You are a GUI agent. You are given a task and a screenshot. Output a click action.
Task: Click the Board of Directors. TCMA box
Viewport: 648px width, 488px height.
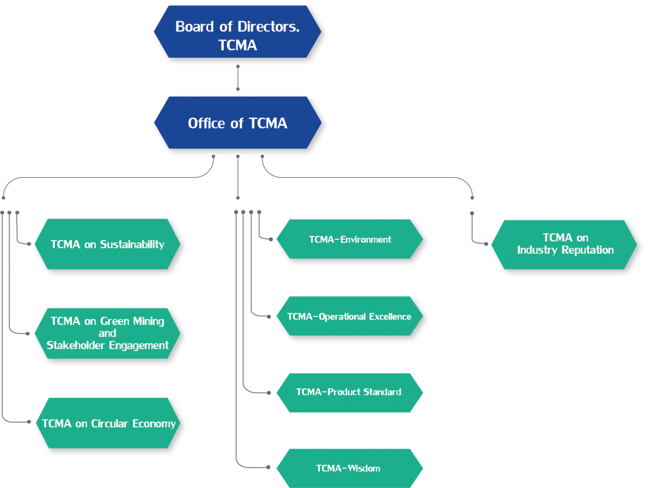tap(237, 32)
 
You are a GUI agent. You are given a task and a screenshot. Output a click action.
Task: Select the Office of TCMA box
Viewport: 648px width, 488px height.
tap(237, 123)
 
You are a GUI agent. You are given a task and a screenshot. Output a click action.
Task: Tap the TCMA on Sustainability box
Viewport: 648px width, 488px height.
tap(107, 244)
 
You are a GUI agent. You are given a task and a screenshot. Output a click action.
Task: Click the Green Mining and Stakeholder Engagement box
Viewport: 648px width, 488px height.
tap(107, 333)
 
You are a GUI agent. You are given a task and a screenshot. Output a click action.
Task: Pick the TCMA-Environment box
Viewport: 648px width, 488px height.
tap(350, 239)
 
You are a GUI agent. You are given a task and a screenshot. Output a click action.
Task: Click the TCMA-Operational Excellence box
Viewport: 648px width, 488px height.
tap(349, 316)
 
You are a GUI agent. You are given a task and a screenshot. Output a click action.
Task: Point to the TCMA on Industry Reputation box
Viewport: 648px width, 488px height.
tap(565, 244)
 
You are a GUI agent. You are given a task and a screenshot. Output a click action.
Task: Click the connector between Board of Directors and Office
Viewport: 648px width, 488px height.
tap(237, 78)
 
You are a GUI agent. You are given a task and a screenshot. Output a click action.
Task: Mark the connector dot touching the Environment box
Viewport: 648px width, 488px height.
tap(270, 239)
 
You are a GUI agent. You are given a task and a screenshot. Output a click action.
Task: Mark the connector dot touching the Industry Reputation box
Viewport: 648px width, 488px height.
tap(487, 243)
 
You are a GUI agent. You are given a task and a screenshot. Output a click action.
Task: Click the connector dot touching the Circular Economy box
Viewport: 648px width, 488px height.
tap(29, 421)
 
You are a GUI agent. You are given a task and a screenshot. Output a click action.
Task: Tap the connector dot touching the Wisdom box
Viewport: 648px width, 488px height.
tap(269, 467)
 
